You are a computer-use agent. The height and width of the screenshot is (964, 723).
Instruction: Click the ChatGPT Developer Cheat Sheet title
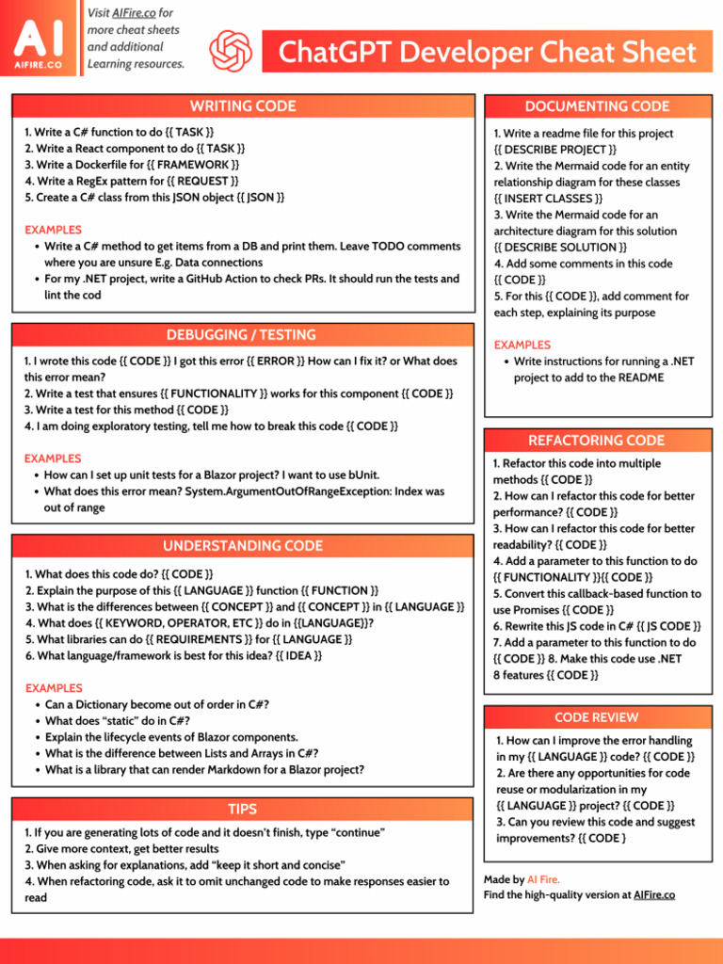pos(488,53)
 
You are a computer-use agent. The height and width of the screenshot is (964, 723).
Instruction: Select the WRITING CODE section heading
pos(243,106)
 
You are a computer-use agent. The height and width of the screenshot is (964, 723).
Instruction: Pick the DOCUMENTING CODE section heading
pos(597,106)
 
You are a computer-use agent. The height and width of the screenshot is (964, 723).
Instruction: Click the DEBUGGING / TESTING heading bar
pos(242,335)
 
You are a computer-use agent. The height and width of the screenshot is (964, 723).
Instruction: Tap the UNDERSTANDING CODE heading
pos(242,546)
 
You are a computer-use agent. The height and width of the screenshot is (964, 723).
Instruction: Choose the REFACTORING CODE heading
pos(596,441)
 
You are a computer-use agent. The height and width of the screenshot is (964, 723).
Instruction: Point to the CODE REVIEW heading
pos(596,717)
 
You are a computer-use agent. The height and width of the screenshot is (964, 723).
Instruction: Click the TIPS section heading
pos(242,810)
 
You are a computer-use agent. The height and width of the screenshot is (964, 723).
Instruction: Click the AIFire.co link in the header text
pos(134,13)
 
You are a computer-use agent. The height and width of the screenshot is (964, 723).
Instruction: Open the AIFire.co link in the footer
pos(654,895)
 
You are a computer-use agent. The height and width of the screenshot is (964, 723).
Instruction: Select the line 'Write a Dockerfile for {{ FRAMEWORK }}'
pos(132,165)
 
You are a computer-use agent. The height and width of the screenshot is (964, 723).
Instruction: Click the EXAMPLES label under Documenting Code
pos(522,345)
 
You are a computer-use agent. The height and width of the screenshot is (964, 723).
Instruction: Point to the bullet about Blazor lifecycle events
pos(171,737)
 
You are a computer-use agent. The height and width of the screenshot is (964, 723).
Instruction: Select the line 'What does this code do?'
pos(119,574)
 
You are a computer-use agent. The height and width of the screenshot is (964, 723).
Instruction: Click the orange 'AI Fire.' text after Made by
pos(543,879)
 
